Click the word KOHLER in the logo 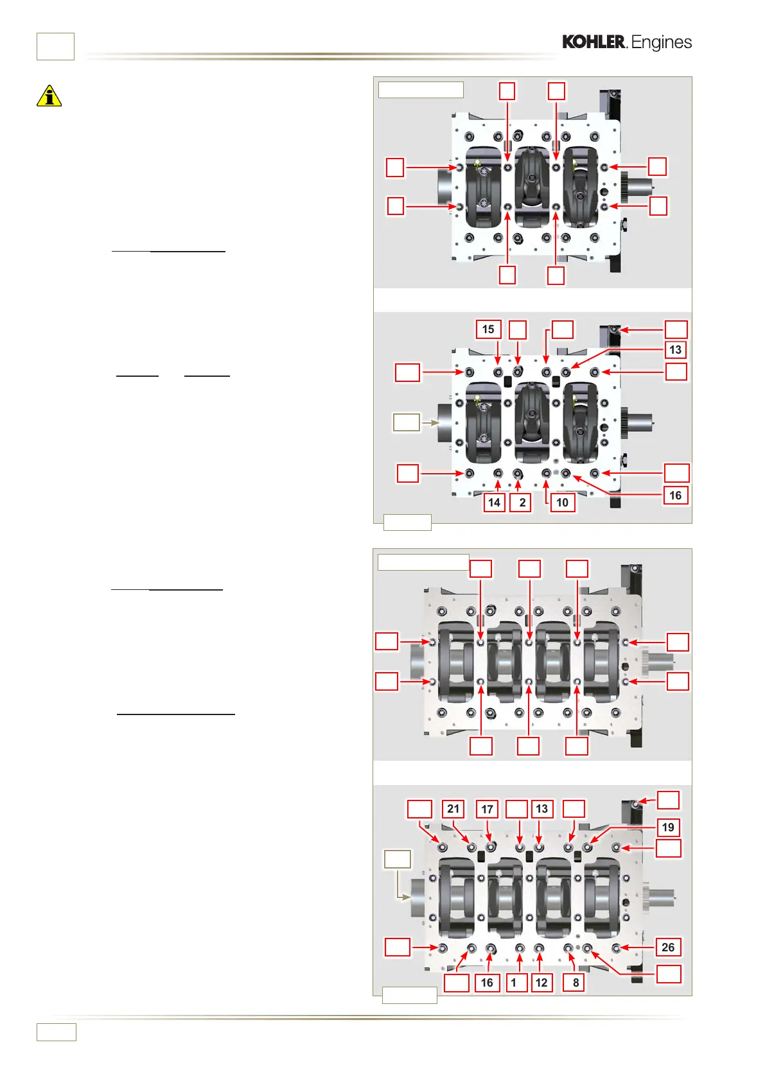(594, 42)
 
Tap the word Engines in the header (662, 42)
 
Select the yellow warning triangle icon (49, 96)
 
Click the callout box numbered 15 (488, 329)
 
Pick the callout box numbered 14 (494, 502)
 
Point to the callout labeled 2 (522, 502)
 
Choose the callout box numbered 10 (562, 502)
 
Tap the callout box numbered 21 (453, 809)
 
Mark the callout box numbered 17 (487, 809)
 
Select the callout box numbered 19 (668, 827)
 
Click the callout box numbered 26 (668, 947)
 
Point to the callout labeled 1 (513, 982)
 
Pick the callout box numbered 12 (541, 982)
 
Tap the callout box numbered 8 (576, 982)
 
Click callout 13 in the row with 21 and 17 (541, 809)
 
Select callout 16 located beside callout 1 (487, 982)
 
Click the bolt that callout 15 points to (498, 372)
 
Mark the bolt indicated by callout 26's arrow (617, 948)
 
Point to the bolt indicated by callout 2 (518, 474)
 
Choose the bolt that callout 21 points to (472, 848)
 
